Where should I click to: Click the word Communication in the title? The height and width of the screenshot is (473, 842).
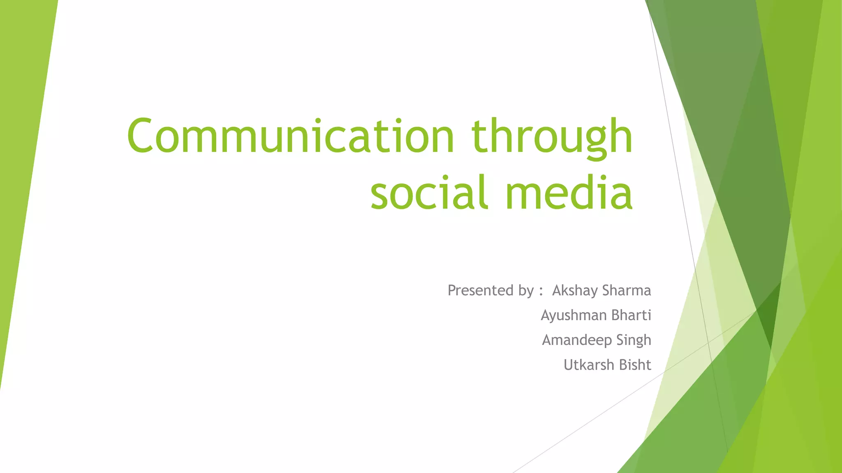[x=290, y=135]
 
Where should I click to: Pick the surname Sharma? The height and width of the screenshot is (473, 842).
[x=627, y=290]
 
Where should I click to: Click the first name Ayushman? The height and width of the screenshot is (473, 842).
[x=574, y=315]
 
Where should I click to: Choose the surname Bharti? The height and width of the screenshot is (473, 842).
[x=631, y=315]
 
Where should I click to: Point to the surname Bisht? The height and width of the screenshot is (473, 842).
[x=635, y=365]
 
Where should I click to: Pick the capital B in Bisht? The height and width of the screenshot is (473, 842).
[x=623, y=365]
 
